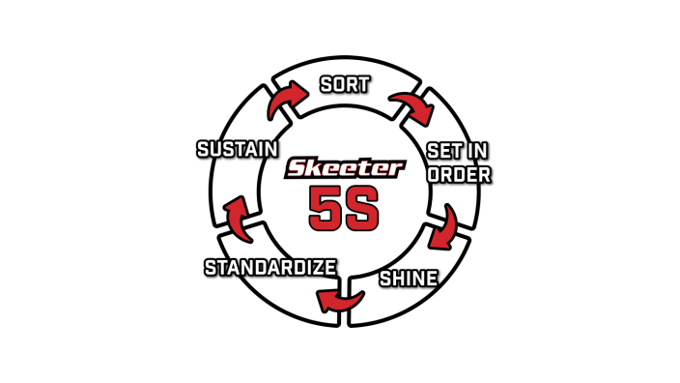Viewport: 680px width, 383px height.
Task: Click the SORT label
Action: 345,84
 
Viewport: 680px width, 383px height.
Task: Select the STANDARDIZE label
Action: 270,267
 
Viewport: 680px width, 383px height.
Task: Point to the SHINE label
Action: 408,279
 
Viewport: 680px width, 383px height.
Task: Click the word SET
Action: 443,151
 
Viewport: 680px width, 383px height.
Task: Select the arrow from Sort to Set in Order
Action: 411,105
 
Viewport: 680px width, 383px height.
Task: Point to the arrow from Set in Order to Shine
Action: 445,226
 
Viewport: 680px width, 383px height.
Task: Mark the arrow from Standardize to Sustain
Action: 236,216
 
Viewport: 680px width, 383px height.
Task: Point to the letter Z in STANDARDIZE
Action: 320,267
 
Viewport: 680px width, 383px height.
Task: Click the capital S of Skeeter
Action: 297,168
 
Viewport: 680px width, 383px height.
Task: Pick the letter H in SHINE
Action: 397,279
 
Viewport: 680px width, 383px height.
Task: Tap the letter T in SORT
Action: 363,84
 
